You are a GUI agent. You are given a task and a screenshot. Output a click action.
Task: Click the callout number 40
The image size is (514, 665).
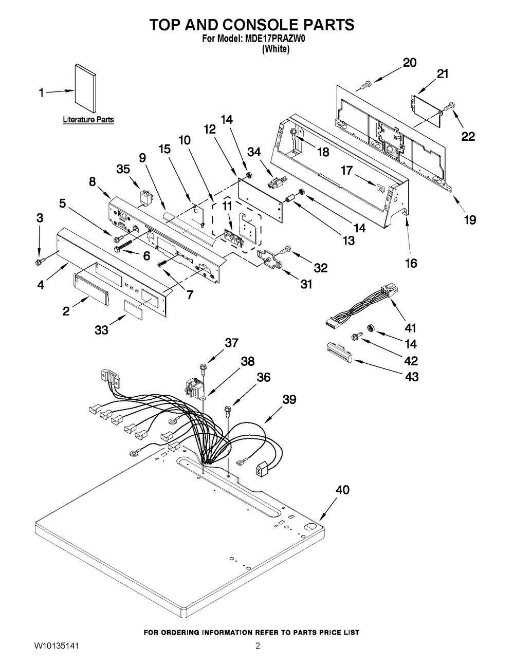click(342, 490)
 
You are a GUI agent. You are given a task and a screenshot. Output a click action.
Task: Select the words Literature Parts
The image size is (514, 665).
click(88, 120)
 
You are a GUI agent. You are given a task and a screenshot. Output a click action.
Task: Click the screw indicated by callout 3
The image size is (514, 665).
click(39, 262)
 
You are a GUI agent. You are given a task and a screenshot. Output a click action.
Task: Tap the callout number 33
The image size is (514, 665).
click(101, 330)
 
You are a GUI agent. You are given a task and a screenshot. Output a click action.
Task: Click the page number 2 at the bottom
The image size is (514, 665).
click(258, 646)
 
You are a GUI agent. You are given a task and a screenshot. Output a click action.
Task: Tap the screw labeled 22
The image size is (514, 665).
click(449, 106)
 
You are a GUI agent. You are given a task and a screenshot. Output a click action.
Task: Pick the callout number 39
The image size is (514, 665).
click(289, 399)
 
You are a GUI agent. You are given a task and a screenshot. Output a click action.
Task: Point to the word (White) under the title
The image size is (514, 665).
click(276, 50)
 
